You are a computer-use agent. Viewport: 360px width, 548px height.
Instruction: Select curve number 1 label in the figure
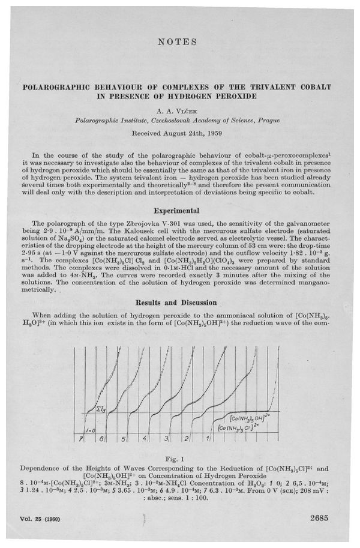[209, 439]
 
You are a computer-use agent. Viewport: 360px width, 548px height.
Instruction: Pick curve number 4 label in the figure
[145, 439]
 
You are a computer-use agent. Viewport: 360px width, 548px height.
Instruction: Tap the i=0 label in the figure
[89, 430]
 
